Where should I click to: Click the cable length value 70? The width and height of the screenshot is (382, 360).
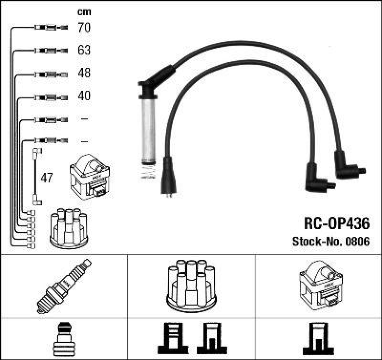pos(84,28)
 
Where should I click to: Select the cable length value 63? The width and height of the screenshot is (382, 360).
pos(84,50)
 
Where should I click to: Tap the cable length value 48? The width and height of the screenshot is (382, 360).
pos(84,73)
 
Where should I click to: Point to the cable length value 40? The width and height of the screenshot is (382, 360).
pos(84,96)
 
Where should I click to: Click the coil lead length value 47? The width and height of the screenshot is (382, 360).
pos(46,179)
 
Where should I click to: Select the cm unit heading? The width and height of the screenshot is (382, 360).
pos(84,12)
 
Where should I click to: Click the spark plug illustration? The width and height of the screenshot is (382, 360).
pos(64,285)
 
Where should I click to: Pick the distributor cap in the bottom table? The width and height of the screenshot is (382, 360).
pos(191,285)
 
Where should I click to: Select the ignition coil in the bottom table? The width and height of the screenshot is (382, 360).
pos(319,285)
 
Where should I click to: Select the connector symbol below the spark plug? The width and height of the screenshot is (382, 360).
pos(64,339)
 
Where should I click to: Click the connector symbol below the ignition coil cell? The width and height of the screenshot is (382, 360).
pos(318,339)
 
